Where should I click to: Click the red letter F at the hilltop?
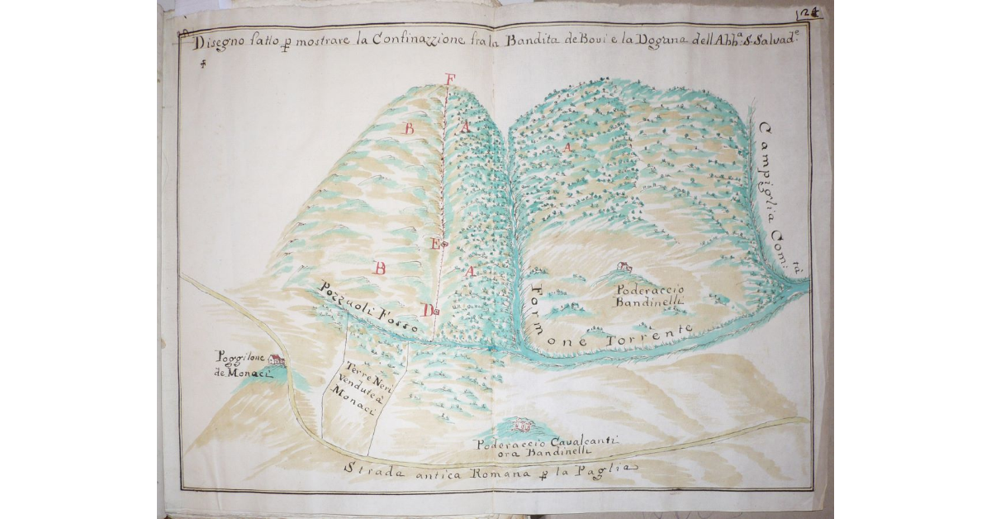(449, 79)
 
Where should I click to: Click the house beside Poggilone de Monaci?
(276, 360)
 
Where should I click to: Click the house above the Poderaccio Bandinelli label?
(625, 266)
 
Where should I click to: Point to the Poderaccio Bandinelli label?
(646, 296)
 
